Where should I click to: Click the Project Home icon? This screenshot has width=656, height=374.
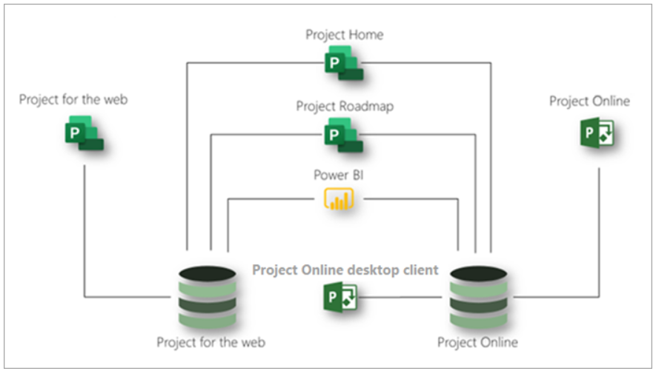[344, 63]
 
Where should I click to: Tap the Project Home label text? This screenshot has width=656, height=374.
[345, 35]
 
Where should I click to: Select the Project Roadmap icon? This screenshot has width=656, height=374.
[343, 135]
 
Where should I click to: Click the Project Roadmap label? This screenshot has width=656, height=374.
[345, 107]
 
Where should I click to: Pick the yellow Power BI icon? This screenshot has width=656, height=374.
[339, 199]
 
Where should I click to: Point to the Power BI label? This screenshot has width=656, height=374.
[339, 175]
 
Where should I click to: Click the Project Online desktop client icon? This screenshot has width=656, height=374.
[340, 297]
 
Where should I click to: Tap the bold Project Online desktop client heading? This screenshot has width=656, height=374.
[345, 270]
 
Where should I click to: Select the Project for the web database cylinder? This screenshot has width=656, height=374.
[207, 297]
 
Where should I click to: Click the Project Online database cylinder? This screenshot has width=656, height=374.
[479, 297]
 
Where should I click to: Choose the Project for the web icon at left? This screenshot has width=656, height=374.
[84, 133]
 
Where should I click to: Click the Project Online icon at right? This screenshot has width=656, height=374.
[597, 133]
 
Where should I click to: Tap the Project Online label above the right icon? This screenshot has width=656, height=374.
[589, 101]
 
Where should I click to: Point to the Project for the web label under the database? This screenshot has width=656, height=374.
[211, 342]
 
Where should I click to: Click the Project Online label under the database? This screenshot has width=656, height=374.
[477, 342]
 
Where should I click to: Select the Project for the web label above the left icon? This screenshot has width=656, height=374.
[73, 100]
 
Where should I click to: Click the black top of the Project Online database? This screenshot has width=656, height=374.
[479, 274]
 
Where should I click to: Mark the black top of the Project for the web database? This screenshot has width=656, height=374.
[207, 274]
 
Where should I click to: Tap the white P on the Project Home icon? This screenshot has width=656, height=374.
[334, 63]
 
